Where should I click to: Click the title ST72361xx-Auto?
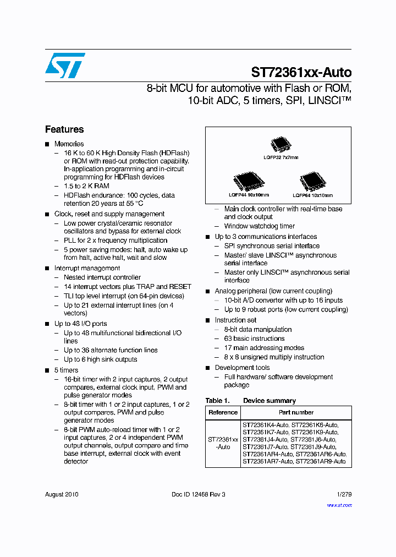[301, 72]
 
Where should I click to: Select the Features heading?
[64, 129]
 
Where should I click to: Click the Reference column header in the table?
[223, 412]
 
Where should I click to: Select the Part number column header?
[296, 412]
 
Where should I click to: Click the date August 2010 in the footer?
[62, 494]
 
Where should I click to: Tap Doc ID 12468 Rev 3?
[199, 494]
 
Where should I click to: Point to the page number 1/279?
[344, 494]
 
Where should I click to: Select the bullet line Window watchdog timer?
[259, 226]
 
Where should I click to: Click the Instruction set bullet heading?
[235, 320]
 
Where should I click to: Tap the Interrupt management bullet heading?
[87, 268]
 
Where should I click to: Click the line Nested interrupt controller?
[102, 277]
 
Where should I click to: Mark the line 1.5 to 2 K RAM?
[87, 187]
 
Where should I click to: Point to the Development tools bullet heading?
[242, 368]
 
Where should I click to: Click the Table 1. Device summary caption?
[251, 401]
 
